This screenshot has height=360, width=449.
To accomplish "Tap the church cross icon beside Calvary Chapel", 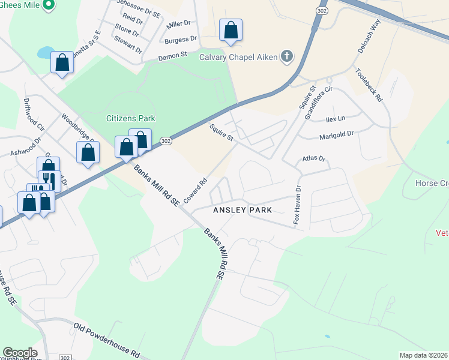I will tap(287, 58).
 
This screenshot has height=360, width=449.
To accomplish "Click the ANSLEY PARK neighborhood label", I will tap(243, 211).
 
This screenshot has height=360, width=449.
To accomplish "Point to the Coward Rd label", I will tap(195, 189).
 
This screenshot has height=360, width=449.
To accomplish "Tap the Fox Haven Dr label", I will tap(297, 205).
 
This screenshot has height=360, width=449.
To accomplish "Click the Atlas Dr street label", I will tap(312, 159).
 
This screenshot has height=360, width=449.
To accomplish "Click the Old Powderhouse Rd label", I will tap(106, 340).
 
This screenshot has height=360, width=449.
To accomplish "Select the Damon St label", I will tap(173, 58).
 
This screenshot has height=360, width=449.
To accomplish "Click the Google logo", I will tap(20, 352).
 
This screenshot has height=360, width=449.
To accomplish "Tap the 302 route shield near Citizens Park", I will tap(166, 141).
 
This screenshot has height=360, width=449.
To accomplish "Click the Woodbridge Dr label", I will tap(77, 126).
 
